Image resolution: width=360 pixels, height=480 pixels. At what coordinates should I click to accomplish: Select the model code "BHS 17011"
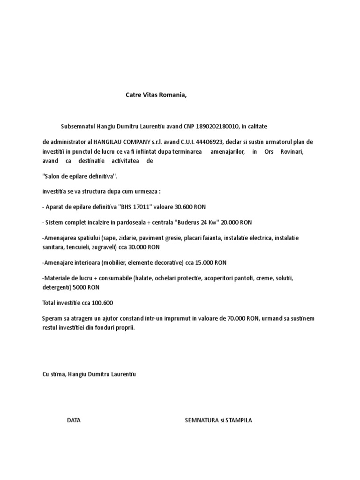(x=137, y=207)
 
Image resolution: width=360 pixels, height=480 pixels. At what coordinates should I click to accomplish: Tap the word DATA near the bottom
(x=74, y=420)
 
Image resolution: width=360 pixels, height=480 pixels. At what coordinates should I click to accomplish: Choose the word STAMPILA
(x=239, y=420)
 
